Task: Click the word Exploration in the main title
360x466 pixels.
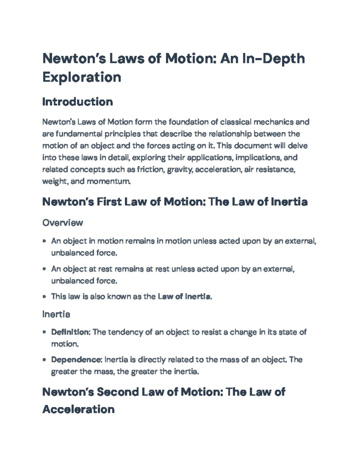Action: (x=82, y=77)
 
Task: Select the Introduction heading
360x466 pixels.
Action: (x=77, y=102)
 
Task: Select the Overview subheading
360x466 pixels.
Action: (x=62, y=223)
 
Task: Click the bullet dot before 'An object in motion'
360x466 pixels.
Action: (x=44, y=241)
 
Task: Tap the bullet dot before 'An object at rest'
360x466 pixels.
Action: (x=44, y=269)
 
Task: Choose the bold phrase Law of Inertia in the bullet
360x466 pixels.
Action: (x=184, y=297)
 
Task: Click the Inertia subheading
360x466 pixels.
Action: (x=56, y=314)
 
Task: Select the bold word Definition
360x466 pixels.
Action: (x=70, y=332)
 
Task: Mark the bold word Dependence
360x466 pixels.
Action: (x=76, y=359)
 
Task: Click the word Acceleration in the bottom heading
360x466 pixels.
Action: (x=78, y=409)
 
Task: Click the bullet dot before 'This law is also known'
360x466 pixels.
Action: (x=44, y=297)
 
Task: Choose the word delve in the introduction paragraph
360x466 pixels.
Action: (x=297, y=146)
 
